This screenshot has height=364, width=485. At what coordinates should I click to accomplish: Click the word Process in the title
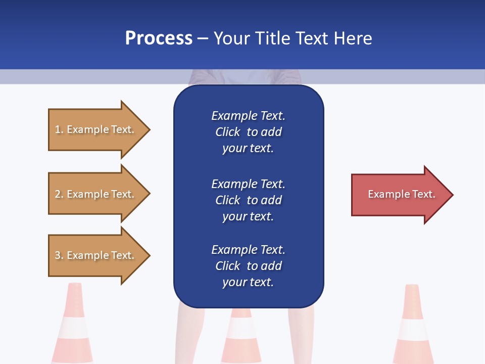(x=159, y=38)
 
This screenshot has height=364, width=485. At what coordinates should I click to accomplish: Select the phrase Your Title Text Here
(x=293, y=38)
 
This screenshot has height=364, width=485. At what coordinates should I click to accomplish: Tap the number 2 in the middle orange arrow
(x=58, y=194)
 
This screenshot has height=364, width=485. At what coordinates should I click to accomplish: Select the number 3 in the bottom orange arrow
(x=58, y=255)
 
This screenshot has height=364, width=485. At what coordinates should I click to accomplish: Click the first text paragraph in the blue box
(x=248, y=132)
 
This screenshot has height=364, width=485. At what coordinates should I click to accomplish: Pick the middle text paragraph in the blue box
(x=248, y=200)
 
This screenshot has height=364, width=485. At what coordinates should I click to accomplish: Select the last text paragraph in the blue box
(x=248, y=266)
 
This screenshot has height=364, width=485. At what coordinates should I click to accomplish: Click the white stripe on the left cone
(x=73, y=328)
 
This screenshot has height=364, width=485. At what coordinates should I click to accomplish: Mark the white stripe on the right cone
(x=413, y=330)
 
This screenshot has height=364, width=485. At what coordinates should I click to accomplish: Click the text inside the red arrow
(x=401, y=194)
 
